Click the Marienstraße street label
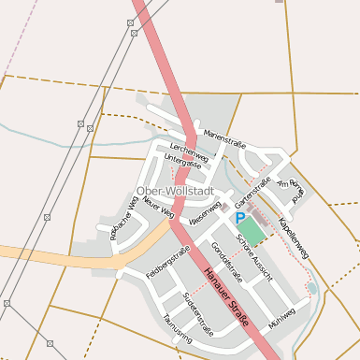coord(224,139)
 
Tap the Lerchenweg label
coord(188,150)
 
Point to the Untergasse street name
coord(182,162)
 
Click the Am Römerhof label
coord(293,190)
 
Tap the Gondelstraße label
coord(226,262)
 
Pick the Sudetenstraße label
coord(197,312)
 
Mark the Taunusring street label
coord(176,328)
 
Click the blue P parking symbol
coord(240,218)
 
